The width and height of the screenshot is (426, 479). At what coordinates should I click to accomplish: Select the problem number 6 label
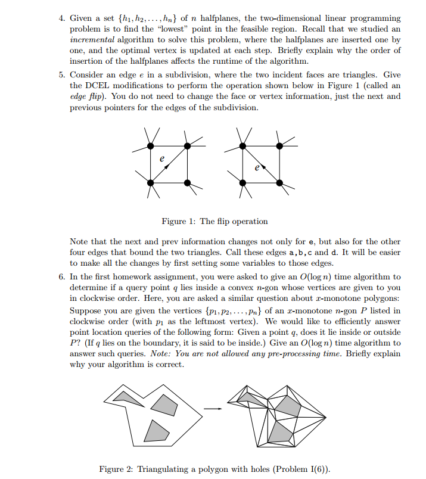pyautogui.click(x=61, y=276)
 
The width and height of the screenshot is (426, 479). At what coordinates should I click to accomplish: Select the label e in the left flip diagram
pyautogui.click(x=161, y=159)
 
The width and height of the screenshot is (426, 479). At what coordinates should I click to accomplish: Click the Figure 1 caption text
pyautogui.click(x=214, y=221)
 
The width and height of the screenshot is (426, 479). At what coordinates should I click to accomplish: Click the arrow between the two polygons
pyautogui.click(x=213, y=409)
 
